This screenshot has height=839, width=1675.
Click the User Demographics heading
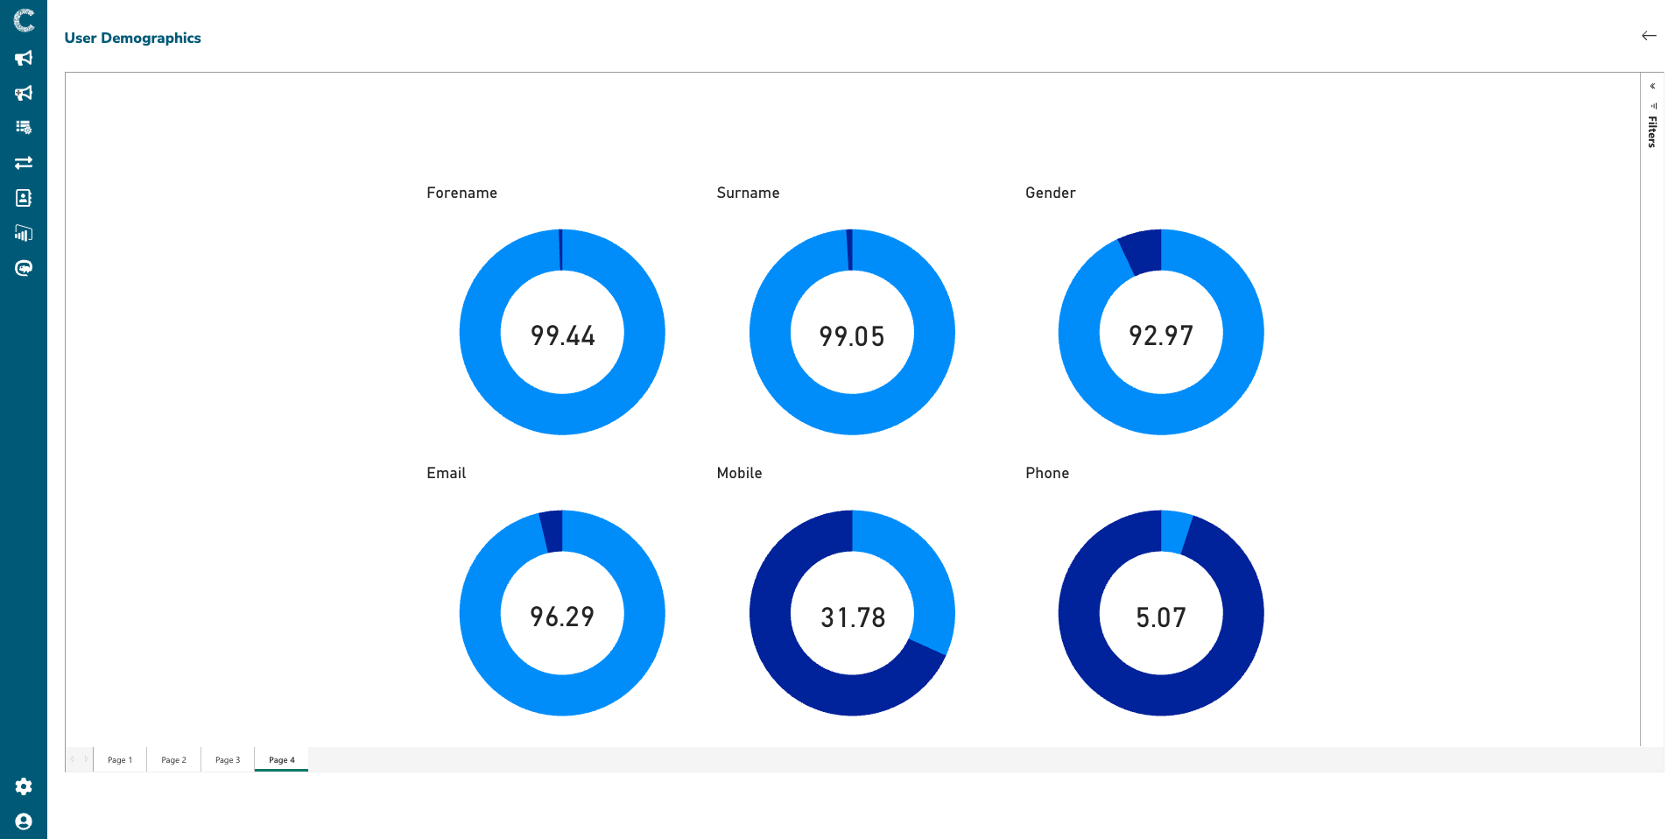click(x=132, y=38)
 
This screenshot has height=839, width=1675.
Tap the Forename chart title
click(x=461, y=193)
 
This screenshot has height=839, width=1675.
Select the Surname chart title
click(x=748, y=193)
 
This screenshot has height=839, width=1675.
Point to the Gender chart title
click(x=1050, y=193)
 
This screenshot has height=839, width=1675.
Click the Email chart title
click(x=446, y=473)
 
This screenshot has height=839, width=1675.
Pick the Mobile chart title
click(x=739, y=473)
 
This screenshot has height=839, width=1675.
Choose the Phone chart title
click(x=1047, y=473)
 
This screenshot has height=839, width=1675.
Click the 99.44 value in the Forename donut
click(x=562, y=335)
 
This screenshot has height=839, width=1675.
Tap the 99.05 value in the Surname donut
click(x=852, y=336)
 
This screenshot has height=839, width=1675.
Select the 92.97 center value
click(x=1161, y=335)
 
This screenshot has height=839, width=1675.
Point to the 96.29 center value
click(x=562, y=617)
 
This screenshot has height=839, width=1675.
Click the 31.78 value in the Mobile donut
click(x=853, y=617)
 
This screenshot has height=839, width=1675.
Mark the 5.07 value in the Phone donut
click(x=1161, y=617)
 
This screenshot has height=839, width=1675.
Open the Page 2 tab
click(x=173, y=760)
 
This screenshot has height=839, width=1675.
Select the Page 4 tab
click(x=281, y=760)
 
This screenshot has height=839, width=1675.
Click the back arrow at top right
click(x=1649, y=36)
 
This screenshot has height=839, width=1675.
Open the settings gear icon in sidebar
click(x=24, y=786)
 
